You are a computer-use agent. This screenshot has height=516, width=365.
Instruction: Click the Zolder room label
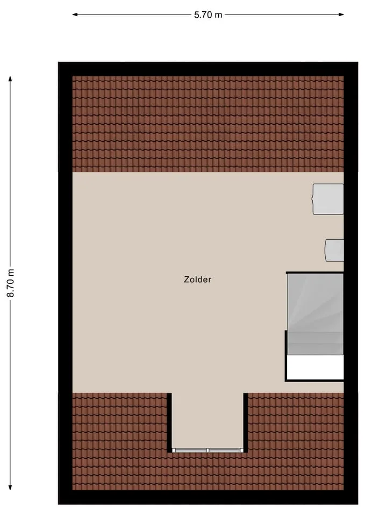(x=197, y=279)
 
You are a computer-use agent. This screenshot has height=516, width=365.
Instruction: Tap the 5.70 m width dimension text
(x=208, y=15)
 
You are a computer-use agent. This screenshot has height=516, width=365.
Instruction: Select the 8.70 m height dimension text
(x=11, y=283)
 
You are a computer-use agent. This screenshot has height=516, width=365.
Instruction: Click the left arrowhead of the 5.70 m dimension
(x=75, y=15)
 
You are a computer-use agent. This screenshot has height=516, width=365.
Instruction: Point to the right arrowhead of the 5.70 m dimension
(x=341, y=15)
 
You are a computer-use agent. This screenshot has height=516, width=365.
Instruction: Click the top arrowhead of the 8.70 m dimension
(x=10, y=78)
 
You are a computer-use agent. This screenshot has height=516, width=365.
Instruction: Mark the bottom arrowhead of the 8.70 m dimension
(x=10, y=488)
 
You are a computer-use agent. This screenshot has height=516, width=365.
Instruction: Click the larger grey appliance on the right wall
(x=328, y=199)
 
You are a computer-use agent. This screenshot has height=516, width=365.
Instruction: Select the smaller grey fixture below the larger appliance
(x=334, y=250)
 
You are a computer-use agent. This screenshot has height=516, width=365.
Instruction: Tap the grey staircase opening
(x=316, y=314)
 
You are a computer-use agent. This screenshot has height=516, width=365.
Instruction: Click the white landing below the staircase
(x=316, y=367)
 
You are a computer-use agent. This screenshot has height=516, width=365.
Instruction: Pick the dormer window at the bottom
(x=207, y=450)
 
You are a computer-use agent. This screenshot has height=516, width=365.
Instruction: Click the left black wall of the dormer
(x=169, y=422)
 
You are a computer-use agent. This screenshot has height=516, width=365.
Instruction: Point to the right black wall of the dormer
(x=246, y=422)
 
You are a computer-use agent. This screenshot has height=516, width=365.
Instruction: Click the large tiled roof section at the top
(x=208, y=124)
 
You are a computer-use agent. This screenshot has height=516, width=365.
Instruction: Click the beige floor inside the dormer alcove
(x=207, y=420)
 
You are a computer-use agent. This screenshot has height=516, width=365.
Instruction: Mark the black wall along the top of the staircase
(x=314, y=273)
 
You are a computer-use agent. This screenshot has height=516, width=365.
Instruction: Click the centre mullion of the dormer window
(x=207, y=450)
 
